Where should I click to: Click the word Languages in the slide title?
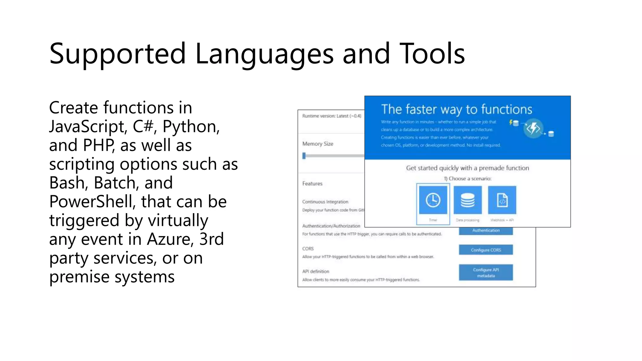264,54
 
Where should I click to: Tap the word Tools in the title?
432,54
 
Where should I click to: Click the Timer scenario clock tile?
433,200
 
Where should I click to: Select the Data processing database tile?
467,200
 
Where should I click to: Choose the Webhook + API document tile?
502,200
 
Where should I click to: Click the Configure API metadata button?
486,272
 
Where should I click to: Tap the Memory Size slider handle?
304,156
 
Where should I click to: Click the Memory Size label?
318,144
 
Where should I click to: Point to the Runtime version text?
331,116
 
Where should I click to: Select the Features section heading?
312,184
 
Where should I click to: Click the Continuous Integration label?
325,202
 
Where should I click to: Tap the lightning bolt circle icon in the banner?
533,128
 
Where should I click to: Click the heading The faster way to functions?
456,109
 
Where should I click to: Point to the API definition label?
316,271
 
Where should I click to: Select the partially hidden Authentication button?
486,231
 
